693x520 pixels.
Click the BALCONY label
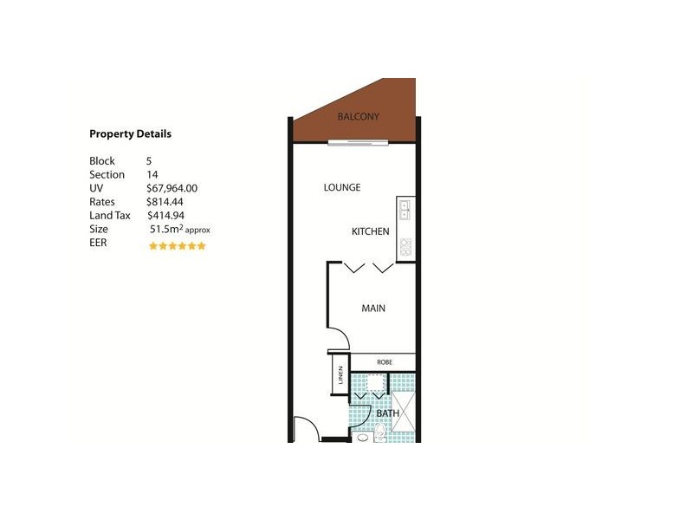[358, 116]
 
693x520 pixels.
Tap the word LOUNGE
[341, 187]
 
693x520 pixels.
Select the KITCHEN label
[370, 231]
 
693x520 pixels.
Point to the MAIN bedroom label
[373, 308]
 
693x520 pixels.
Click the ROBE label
[384, 362]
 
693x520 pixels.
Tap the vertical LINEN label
[340, 376]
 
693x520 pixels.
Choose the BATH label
[387, 413]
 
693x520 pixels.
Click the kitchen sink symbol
[405, 208]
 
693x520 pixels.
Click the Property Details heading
[130, 134]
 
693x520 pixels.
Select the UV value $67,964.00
[172, 188]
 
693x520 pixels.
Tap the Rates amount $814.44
[166, 202]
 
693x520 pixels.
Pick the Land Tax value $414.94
[166, 216]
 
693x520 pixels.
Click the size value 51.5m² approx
[179, 230]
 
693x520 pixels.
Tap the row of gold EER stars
[177, 246]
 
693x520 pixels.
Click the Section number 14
[152, 174]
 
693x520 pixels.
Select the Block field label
[101, 161]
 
